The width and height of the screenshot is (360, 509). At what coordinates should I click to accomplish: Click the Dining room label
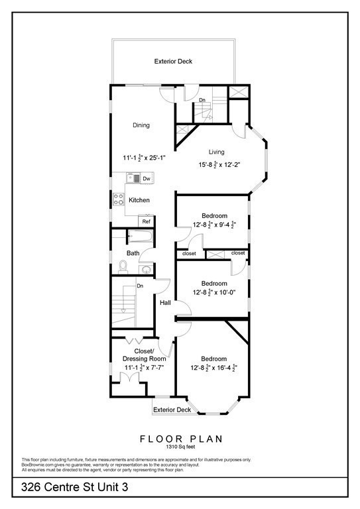(x=141, y=125)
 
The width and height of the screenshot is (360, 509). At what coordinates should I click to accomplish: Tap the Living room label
(x=217, y=151)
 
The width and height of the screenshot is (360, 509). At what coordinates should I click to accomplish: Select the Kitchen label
(x=139, y=200)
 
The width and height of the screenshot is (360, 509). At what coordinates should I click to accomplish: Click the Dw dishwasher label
(x=146, y=178)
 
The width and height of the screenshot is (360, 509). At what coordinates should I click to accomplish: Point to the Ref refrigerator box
(x=146, y=221)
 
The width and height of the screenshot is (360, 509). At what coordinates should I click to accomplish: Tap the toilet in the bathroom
(x=123, y=266)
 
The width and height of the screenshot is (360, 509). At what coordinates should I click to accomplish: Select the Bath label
(x=133, y=253)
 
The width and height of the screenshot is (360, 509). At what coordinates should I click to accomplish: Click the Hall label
(x=165, y=303)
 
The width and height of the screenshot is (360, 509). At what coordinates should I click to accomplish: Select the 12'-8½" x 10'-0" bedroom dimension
(x=215, y=292)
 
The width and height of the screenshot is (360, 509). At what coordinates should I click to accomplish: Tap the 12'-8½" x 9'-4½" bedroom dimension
(x=215, y=225)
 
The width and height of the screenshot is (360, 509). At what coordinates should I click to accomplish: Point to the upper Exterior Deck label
(x=173, y=62)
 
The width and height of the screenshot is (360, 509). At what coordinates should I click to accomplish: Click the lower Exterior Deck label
(x=172, y=410)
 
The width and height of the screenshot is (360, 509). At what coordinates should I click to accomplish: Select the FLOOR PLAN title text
(x=180, y=439)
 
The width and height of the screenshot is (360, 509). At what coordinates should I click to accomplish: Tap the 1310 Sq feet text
(x=180, y=448)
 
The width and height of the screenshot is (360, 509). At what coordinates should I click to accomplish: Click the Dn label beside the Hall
(x=140, y=286)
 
